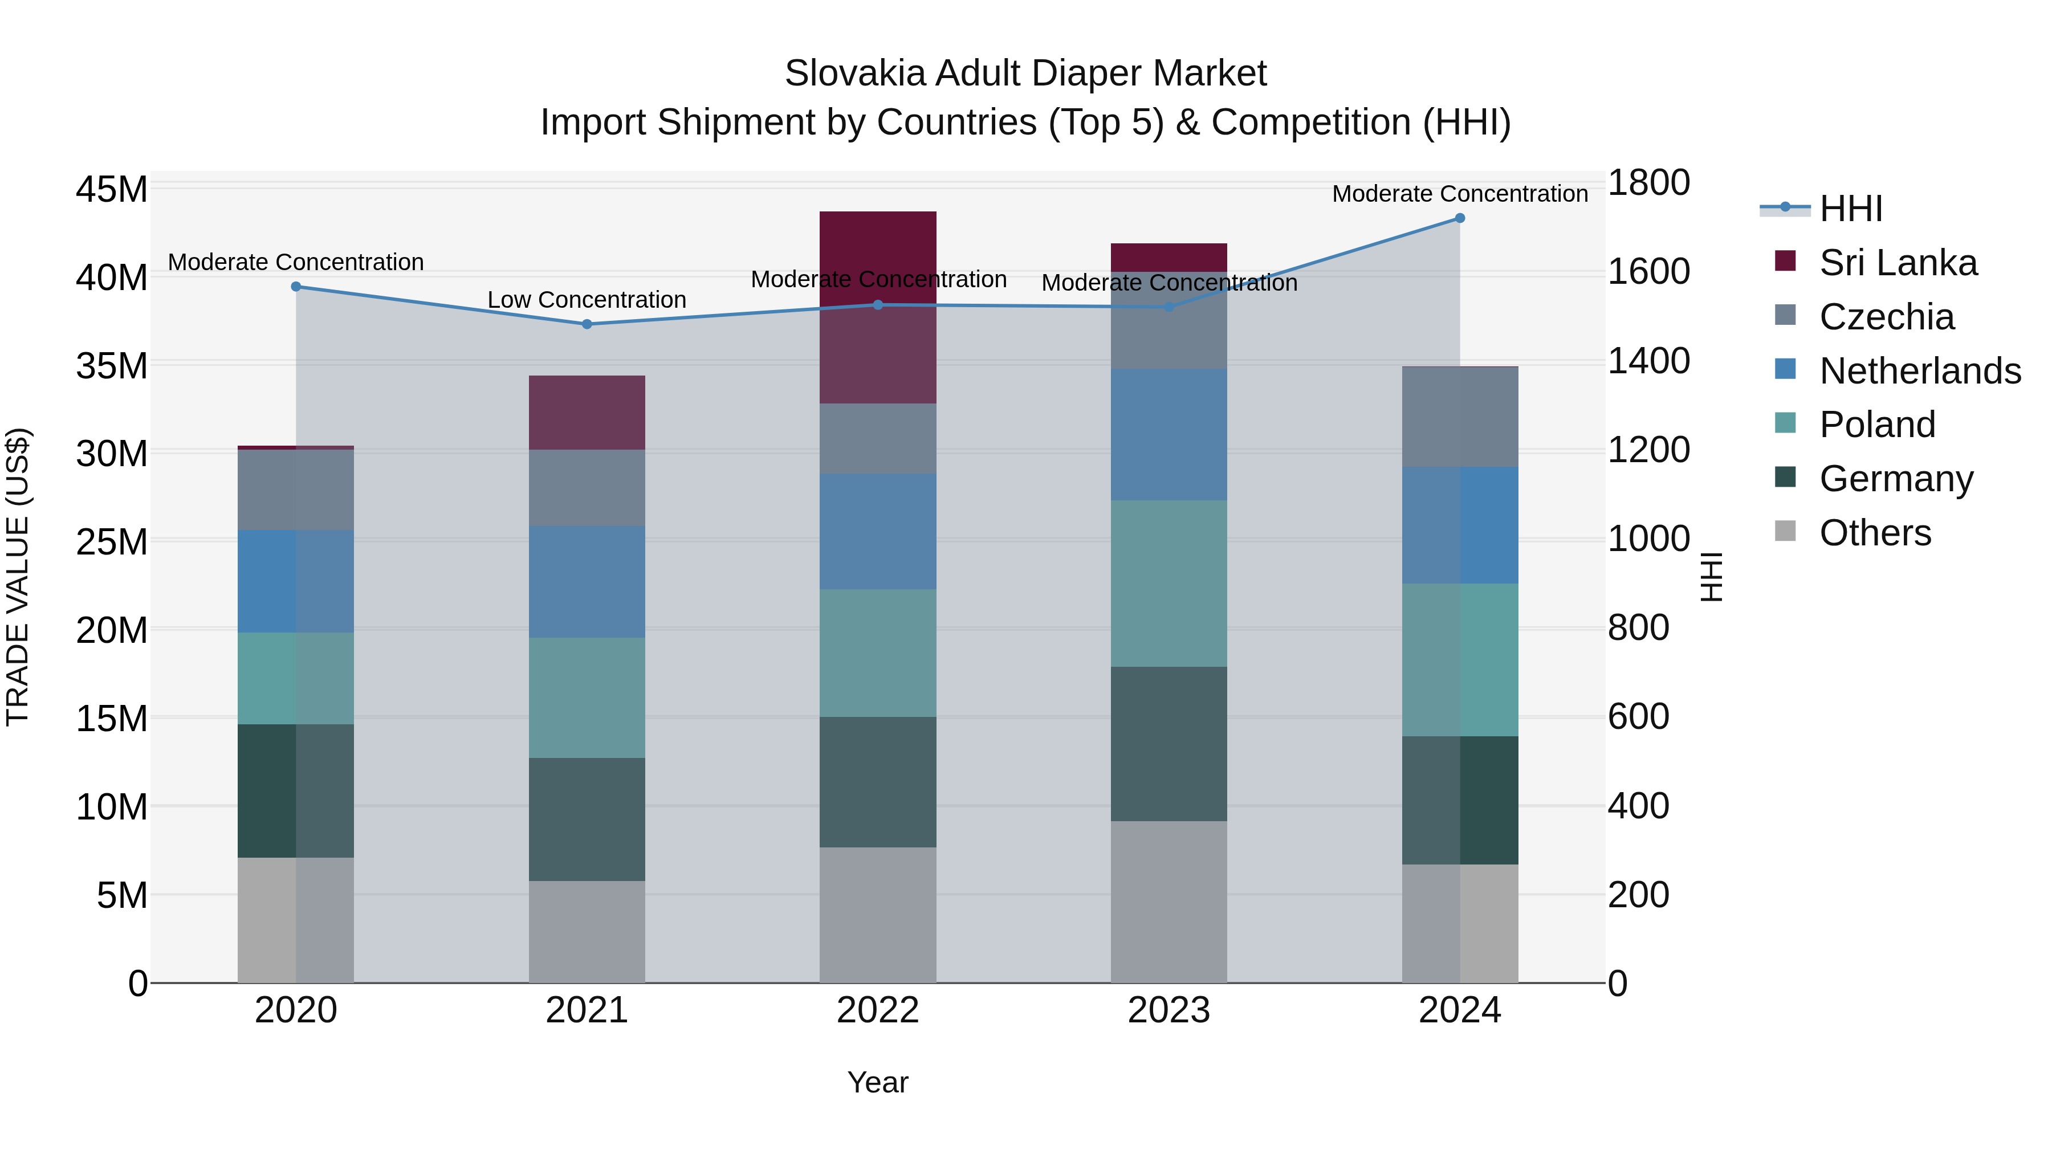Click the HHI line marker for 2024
(x=1459, y=218)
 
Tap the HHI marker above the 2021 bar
(x=587, y=324)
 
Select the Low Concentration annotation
(x=587, y=300)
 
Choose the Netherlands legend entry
(x=1919, y=371)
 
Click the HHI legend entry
(x=1850, y=209)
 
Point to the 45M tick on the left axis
(x=112, y=190)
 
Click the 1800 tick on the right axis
(x=1648, y=182)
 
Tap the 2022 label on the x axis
(x=878, y=1010)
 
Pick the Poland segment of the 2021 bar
(x=587, y=698)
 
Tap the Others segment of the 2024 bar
(x=1459, y=924)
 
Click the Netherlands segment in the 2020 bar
(x=295, y=581)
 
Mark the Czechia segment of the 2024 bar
(x=1459, y=417)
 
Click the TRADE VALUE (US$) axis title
(x=18, y=577)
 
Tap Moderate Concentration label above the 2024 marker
(x=1459, y=194)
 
